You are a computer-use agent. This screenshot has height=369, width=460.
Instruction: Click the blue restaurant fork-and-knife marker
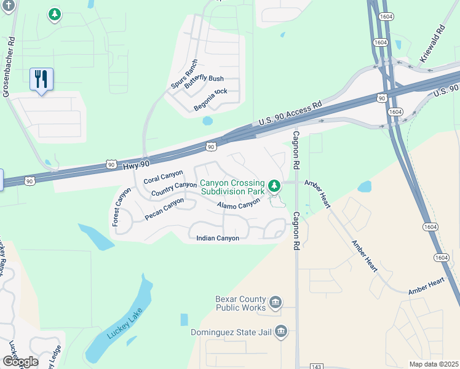pos(41,79)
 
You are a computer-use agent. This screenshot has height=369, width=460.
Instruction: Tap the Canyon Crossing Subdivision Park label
pos(232,187)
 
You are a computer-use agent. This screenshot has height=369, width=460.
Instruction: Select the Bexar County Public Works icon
pos(276,301)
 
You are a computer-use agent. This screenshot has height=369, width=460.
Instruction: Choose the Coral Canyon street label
pos(163,177)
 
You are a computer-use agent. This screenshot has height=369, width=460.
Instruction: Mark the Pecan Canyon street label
pos(164,209)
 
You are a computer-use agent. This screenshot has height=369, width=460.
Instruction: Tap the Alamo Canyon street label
pos(239,205)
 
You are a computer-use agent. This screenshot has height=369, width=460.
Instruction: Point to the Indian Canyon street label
pos(217,238)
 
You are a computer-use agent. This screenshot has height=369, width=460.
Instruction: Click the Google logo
pos(20,362)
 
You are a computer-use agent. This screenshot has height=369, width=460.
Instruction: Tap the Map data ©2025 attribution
pos(434,364)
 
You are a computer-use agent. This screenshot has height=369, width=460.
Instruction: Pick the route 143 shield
pos(316,367)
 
